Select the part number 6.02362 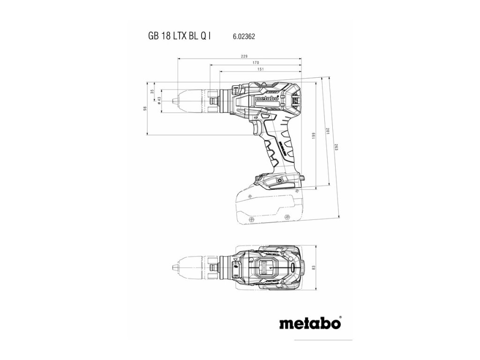click(243, 36)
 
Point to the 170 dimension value click(256, 62)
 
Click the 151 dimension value click(260, 69)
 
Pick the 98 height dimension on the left click(145, 108)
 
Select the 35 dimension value click(152, 92)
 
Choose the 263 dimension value click(337, 146)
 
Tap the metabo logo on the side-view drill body click(267, 99)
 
